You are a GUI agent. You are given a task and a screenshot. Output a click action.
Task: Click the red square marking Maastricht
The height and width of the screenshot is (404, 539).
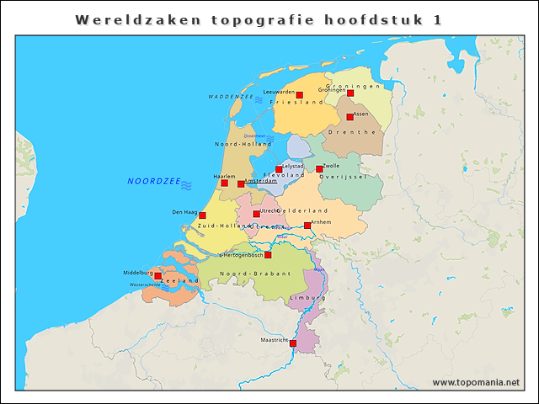[x=293, y=343]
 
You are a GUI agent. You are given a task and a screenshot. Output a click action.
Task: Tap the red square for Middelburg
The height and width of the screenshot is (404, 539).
[x=157, y=275]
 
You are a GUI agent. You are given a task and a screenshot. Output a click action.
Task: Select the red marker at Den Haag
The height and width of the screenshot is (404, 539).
[x=202, y=215]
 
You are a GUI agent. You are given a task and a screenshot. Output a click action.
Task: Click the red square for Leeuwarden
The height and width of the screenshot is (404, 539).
[x=299, y=95]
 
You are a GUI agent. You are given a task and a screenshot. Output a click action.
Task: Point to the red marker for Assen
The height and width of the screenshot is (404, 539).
[x=350, y=117]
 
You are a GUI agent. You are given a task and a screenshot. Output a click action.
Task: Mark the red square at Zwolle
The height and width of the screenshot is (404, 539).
[x=319, y=169]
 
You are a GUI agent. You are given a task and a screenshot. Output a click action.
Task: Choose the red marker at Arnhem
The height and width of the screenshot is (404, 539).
[x=307, y=225]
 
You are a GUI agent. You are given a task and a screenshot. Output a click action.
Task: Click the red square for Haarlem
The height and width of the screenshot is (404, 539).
[x=224, y=183]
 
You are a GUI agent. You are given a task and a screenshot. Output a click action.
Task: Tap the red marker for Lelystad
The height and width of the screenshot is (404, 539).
[x=279, y=169]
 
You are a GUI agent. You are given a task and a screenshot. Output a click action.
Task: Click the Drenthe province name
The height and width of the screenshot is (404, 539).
[x=351, y=132]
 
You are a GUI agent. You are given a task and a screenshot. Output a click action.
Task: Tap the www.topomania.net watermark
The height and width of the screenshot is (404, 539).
[x=476, y=382]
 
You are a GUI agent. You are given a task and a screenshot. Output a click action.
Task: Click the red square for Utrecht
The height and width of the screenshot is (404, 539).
[x=256, y=214]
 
